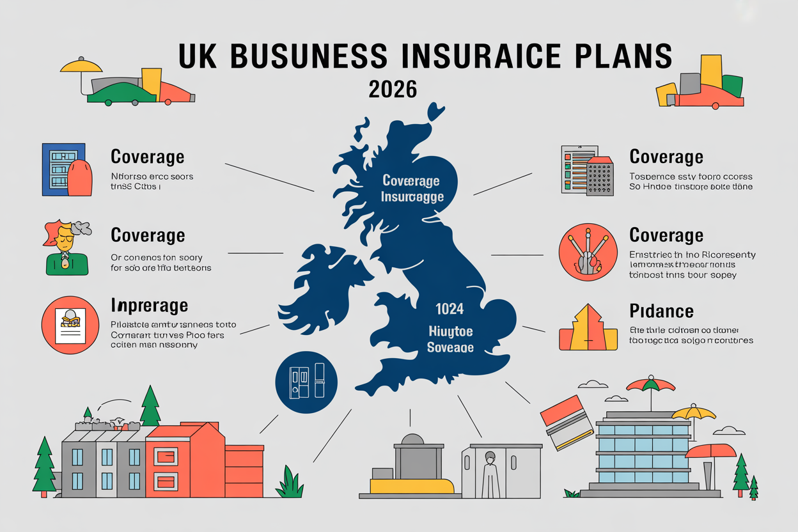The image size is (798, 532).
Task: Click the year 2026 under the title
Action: (393, 89)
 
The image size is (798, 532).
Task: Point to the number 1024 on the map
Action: (450, 309)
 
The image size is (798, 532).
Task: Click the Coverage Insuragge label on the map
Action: (412, 189)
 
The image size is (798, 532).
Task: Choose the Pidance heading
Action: (661, 311)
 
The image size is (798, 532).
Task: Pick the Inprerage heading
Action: (149, 304)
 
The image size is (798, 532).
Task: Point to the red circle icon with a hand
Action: (588, 253)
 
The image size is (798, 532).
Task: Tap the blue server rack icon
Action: (63, 169)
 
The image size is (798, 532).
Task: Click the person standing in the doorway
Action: (490, 474)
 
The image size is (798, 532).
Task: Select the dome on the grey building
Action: (412, 441)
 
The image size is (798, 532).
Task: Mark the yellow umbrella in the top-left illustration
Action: (81, 65)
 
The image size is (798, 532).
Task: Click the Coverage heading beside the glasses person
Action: (148, 235)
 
